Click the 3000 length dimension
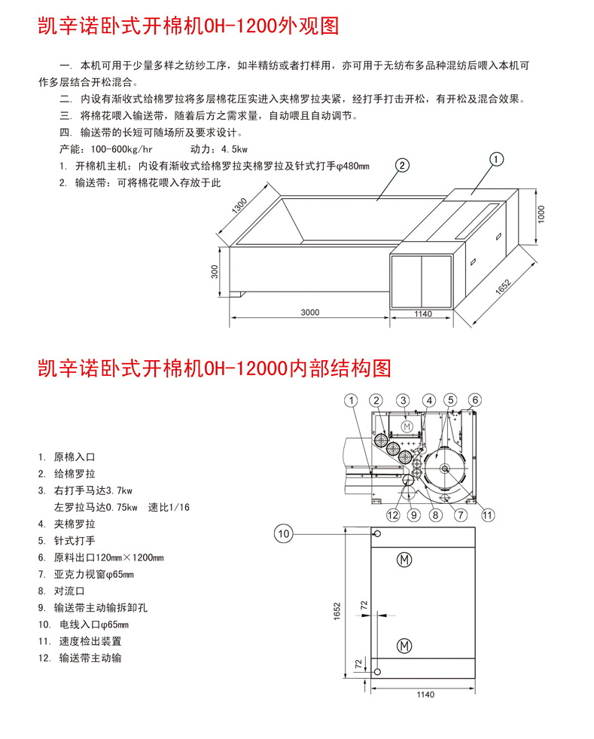click(310, 313)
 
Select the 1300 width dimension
click(242, 206)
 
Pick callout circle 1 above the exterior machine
click(497, 158)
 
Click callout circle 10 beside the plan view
click(283, 533)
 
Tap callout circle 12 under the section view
click(392, 515)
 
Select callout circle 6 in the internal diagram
click(475, 400)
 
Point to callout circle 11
click(488, 515)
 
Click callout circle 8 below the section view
click(435, 515)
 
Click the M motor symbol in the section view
click(407, 427)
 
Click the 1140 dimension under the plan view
click(425, 695)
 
